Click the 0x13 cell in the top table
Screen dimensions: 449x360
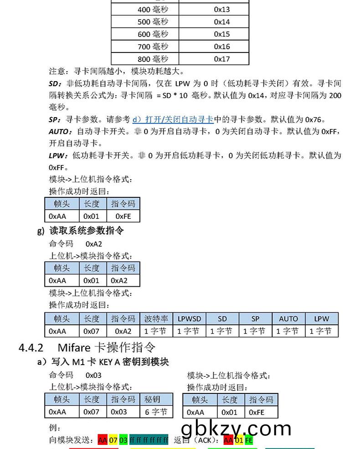pos(222,10)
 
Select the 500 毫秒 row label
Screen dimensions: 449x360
pos(153,22)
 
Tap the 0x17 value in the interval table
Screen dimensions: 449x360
pos(222,59)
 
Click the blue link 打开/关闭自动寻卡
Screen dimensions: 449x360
pos(173,119)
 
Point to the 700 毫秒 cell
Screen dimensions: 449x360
pos(153,46)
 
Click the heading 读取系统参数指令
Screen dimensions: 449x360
pos(86,231)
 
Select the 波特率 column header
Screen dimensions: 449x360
pos(156,319)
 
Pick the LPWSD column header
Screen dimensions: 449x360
pos(189,319)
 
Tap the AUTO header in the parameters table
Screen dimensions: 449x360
pos(288,319)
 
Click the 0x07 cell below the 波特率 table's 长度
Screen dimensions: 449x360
pos(91,331)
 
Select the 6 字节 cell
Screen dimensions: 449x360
pos(156,412)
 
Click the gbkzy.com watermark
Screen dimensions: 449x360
pos(236,428)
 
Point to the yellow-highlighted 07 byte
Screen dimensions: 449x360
pos(113,440)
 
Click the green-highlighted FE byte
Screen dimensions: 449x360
pos(248,440)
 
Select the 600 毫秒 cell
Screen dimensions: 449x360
pos(153,34)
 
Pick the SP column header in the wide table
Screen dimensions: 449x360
pos(255,319)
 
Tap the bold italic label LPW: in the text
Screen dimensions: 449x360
pos(57,155)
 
